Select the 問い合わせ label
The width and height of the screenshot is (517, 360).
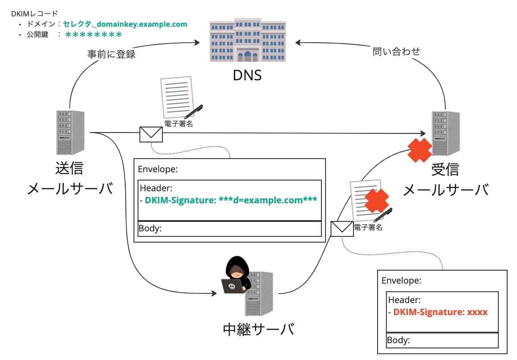tap(396, 52)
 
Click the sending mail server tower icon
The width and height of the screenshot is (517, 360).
tap(70, 133)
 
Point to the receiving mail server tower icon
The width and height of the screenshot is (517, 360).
tap(445, 133)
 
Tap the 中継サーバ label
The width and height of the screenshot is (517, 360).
tap(258, 329)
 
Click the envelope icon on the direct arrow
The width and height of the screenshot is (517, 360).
tap(151, 134)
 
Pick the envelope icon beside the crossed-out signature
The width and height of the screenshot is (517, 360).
tap(342, 228)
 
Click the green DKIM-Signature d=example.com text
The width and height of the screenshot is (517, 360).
tap(231, 200)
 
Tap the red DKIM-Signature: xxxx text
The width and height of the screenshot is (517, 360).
tap(440, 312)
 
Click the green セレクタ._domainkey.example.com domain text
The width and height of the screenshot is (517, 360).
tap(125, 24)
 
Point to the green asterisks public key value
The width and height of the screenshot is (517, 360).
tap(94, 35)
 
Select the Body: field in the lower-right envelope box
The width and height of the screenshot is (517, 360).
tap(398, 340)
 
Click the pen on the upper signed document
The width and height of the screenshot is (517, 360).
tap(193, 111)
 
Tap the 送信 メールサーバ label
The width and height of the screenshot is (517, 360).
tap(70, 179)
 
